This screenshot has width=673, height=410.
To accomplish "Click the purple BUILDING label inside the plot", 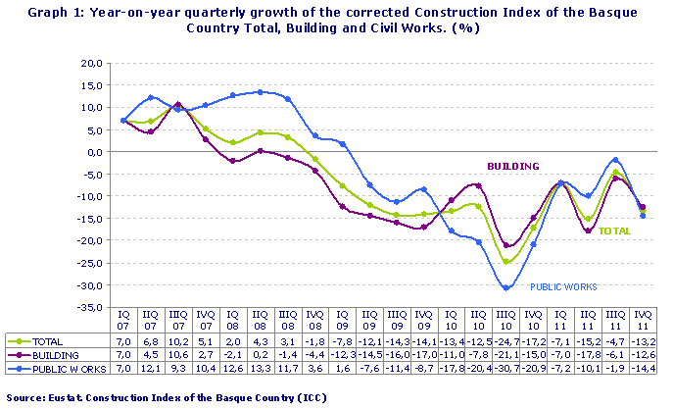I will (513, 167).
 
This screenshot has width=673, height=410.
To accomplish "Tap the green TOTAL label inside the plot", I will (614, 231).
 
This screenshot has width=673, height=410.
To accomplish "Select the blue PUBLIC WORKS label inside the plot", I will (563, 286).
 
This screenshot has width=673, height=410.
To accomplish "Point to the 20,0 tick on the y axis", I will (90, 63).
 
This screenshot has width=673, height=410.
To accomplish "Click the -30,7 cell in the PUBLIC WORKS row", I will (505, 368).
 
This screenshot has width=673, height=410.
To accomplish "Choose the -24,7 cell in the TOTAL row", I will (505, 342).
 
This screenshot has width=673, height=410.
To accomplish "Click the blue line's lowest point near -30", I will (506, 288).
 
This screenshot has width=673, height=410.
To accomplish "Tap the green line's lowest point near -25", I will (505, 262).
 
